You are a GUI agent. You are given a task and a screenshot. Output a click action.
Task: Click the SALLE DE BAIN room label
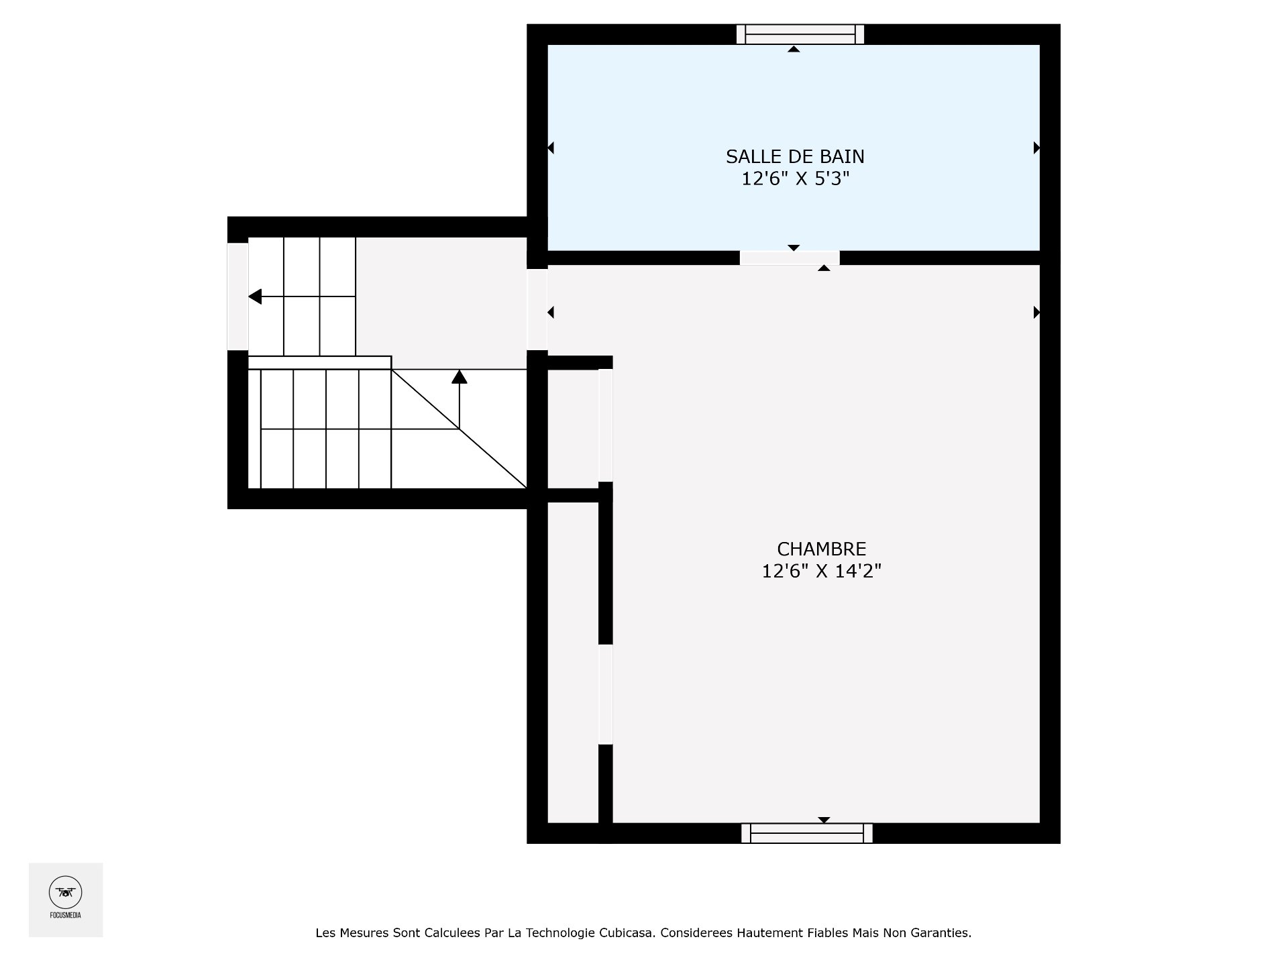click(795, 156)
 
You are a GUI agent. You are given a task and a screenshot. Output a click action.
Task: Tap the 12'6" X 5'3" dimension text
click(795, 179)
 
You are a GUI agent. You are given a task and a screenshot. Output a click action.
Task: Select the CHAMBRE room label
click(821, 549)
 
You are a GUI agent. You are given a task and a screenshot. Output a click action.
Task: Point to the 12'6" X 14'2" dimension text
click(821, 572)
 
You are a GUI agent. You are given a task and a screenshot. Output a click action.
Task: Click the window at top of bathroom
click(800, 34)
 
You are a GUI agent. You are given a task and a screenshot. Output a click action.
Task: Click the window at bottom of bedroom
click(806, 833)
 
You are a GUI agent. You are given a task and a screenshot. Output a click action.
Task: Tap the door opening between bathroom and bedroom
click(790, 258)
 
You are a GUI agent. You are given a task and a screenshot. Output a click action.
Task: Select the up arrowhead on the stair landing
click(460, 377)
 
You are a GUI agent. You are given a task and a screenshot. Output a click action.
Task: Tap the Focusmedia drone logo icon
click(65, 892)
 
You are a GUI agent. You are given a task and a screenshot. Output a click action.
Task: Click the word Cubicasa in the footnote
click(628, 932)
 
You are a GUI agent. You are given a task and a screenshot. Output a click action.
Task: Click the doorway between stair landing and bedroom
click(537, 309)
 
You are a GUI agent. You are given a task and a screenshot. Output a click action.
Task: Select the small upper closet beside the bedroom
click(572, 429)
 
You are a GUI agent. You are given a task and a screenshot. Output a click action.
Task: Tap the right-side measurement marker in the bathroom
click(1036, 148)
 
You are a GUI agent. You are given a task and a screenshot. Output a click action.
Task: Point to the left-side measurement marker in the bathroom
click(551, 148)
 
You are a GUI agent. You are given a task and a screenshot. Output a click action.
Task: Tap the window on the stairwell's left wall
click(237, 296)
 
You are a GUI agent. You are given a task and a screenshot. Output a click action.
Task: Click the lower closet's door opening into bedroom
click(606, 694)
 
